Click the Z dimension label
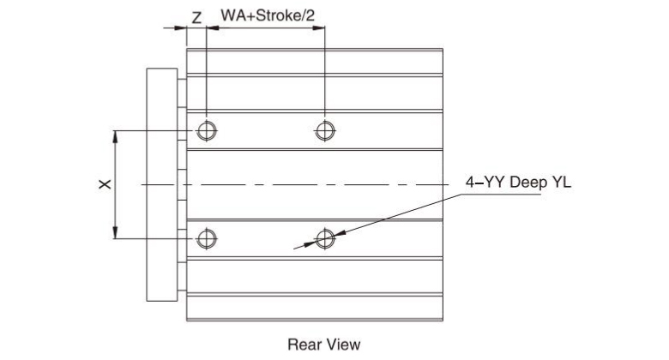coord(196,16)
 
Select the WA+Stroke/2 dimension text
coord(267,16)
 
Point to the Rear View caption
coord(323,345)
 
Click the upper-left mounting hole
coord(206,130)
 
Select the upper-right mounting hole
coord(324,130)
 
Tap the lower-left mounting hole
coord(206,238)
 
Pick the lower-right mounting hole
coord(324,238)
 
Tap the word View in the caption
coord(343,345)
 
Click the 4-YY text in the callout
coord(481,184)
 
